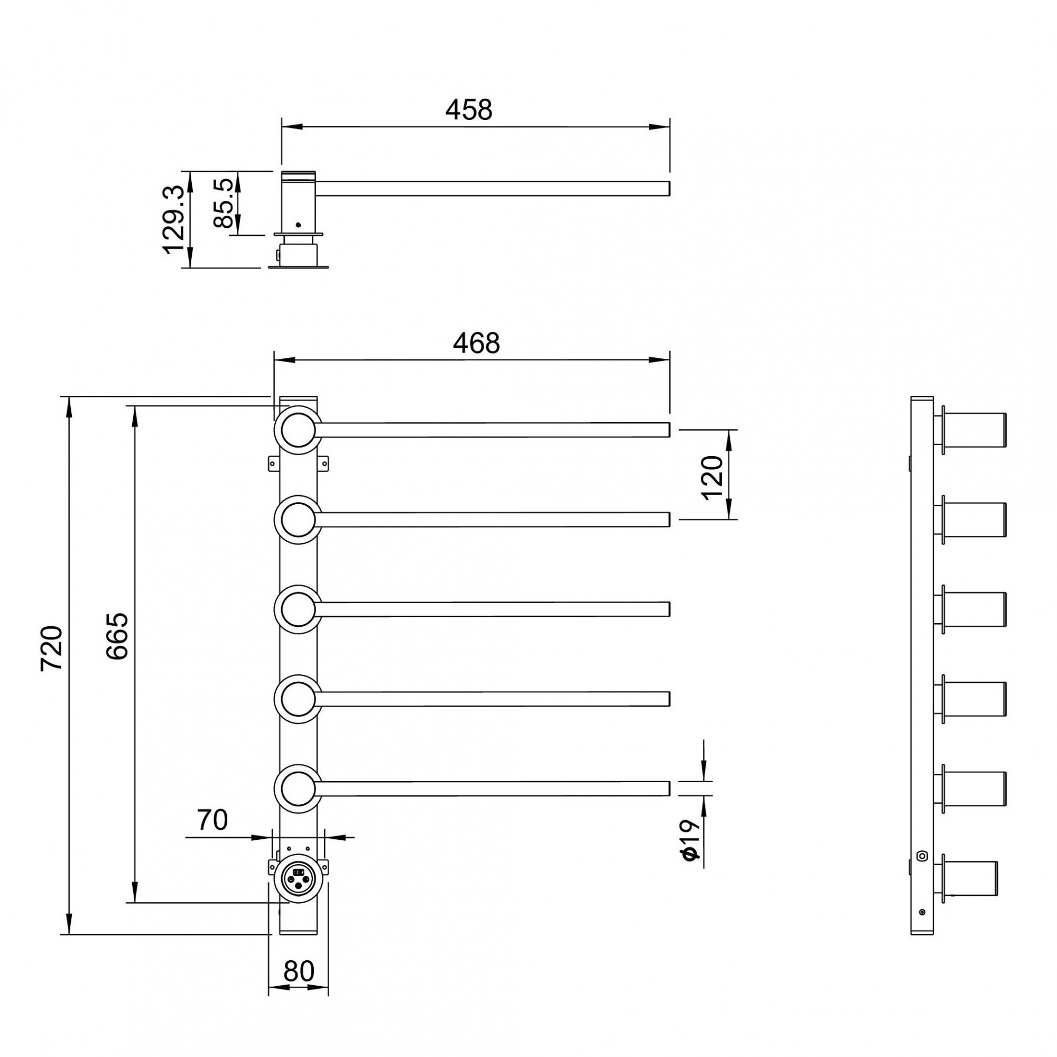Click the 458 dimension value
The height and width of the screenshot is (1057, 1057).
tap(469, 110)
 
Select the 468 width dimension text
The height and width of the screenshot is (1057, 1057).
tap(476, 344)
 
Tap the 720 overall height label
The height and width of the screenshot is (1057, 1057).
tap(52, 648)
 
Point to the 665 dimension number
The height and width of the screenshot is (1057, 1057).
tap(117, 636)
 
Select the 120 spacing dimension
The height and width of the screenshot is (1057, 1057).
tap(712, 478)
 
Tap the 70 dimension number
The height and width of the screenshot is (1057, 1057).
tap(212, 820)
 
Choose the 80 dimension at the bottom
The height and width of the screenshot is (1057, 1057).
tap(299, 972)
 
